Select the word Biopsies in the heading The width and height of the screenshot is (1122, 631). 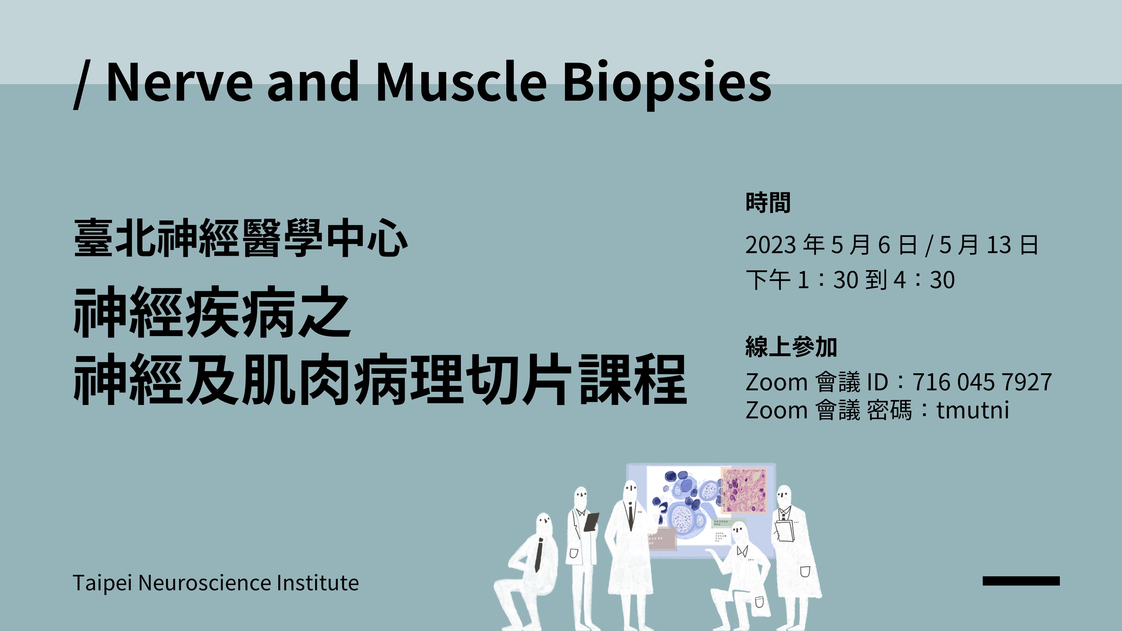click(666, 83)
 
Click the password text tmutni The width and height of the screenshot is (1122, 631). click(972, 411)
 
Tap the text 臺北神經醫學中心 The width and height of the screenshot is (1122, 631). click(240, 238)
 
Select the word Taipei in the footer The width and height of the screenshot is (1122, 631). click(102, 583)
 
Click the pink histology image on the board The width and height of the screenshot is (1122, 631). click(744, 490)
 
